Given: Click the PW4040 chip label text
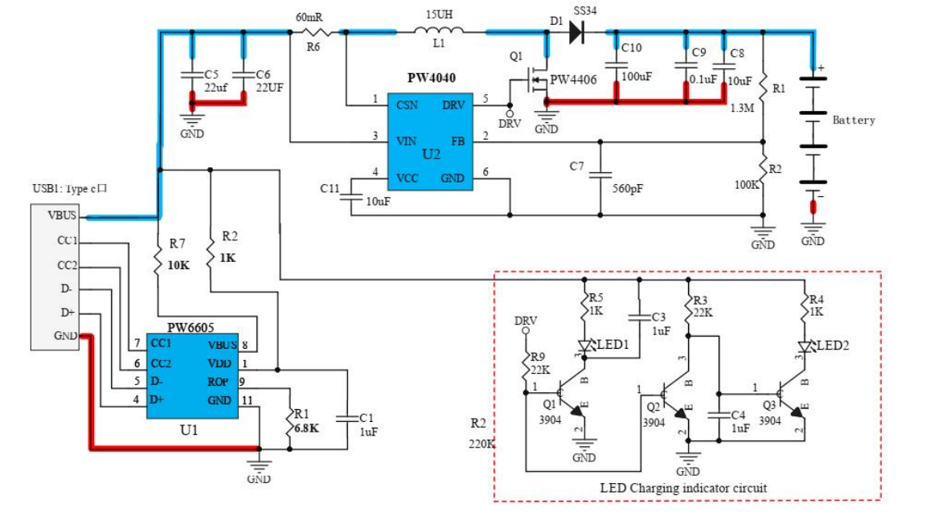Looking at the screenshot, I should (432, 80).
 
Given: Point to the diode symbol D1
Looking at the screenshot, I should (576, 32).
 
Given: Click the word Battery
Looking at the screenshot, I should (854, 120).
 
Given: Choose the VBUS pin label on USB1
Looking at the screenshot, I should (62, 215).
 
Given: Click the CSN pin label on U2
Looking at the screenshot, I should (407, 105).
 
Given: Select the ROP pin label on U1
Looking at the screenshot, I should (217, 381).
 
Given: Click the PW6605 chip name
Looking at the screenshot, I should (190, 328).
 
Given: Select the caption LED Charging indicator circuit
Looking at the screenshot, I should (683, 488).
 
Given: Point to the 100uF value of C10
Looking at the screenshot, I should (636, 76).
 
